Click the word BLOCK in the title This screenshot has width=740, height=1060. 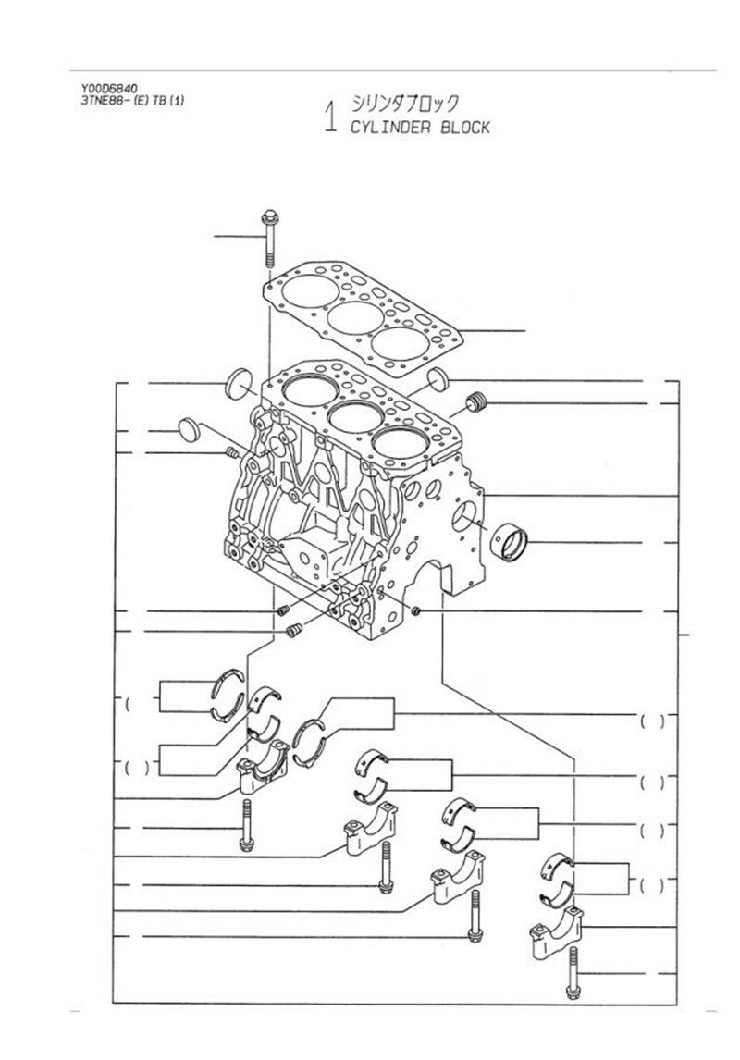coord(465,127)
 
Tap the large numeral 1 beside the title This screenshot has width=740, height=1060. coord(330,117)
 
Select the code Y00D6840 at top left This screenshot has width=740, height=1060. coord(109,88)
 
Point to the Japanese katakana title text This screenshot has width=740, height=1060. coord(404,103)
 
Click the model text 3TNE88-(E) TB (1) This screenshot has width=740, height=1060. coord(131,101)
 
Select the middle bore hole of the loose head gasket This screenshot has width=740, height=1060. coord(355,318)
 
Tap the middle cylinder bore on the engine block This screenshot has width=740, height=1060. coord(356,417)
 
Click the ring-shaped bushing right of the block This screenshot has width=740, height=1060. coord(510,541)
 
